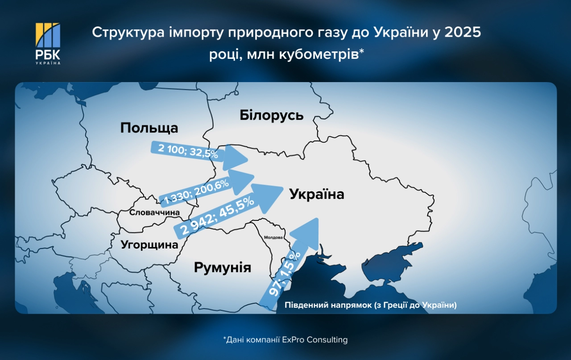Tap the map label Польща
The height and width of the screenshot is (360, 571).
point(149,128)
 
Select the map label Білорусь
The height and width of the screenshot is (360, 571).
point(271,115)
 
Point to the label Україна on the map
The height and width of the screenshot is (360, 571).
point(317,194)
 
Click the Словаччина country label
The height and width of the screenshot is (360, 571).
point(154,213)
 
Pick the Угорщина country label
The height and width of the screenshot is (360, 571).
point(149,244)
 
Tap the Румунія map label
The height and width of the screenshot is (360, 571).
point(222,268)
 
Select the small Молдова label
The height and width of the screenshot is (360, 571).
point(273,237)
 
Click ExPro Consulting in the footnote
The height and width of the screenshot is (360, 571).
point(315,340)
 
